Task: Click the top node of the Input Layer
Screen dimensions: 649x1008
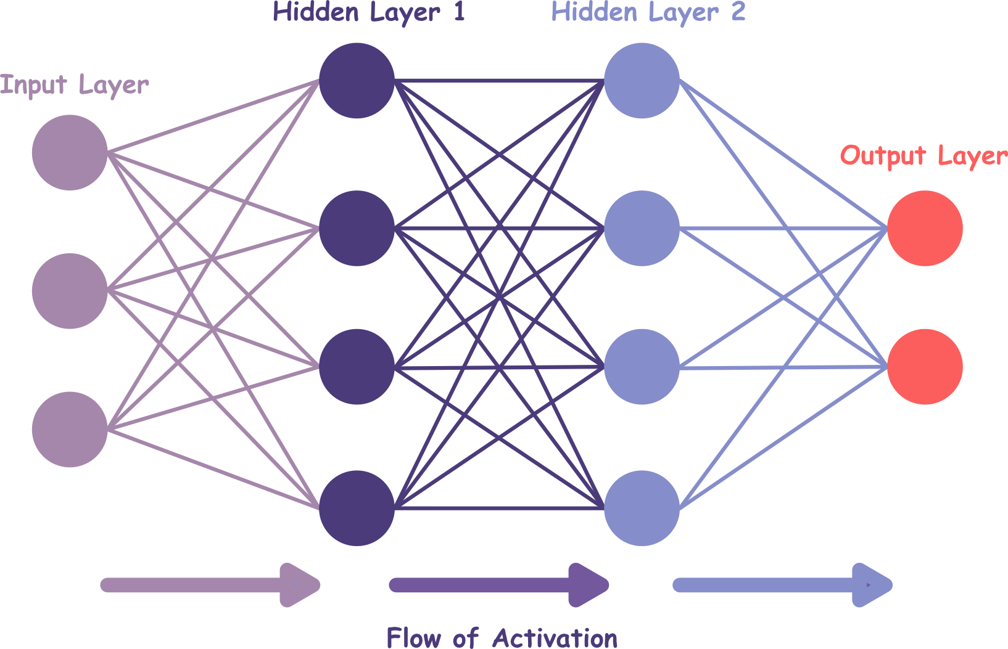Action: (70, 152)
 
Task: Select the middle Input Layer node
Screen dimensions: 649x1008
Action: (70, 291)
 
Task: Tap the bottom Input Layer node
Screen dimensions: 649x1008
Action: (70, 429)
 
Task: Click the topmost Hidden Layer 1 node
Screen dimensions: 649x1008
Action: (357, 80)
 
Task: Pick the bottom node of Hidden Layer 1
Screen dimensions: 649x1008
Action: (357, 508)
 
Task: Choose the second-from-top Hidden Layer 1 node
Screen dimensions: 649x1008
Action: (357, 228)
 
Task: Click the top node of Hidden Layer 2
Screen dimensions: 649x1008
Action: (642, 80)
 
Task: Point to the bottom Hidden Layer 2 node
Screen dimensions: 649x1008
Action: (642, 508)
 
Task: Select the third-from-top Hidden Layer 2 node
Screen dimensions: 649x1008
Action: (642, 367)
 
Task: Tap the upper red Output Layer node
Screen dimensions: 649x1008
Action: (925, 228)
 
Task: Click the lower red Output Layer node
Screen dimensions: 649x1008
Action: (925, 367)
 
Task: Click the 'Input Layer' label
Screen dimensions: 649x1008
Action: (75, 85)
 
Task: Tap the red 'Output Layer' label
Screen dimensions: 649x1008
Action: (923, 156)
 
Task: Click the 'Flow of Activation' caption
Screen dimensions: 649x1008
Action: (502, 637)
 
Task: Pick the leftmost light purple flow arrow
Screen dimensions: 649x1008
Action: (210, 585)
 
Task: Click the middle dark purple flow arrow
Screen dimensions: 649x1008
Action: (498, 585)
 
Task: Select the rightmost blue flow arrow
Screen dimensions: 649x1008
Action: (782, 585)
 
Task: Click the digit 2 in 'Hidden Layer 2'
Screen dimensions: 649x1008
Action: (738, 12)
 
